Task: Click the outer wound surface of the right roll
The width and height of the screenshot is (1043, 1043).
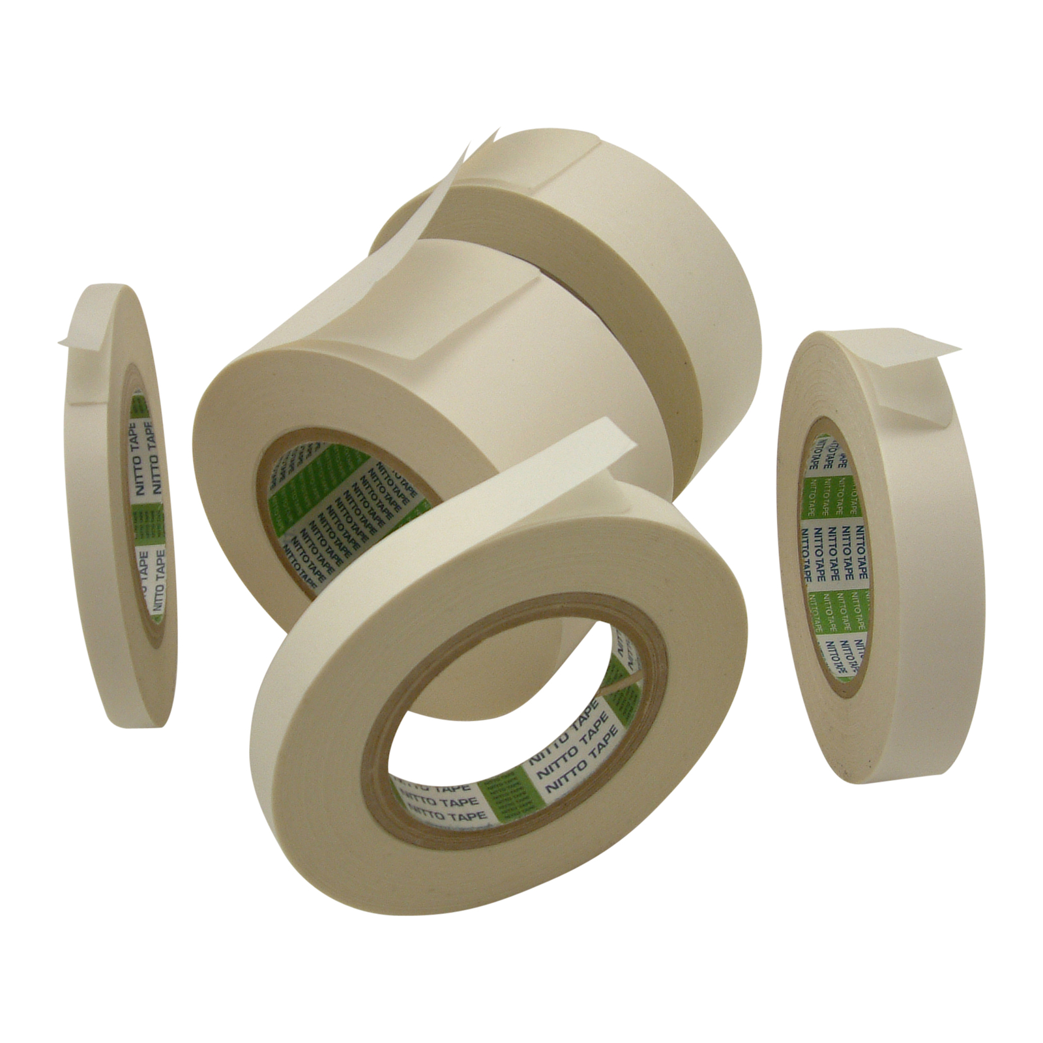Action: (939, 587)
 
